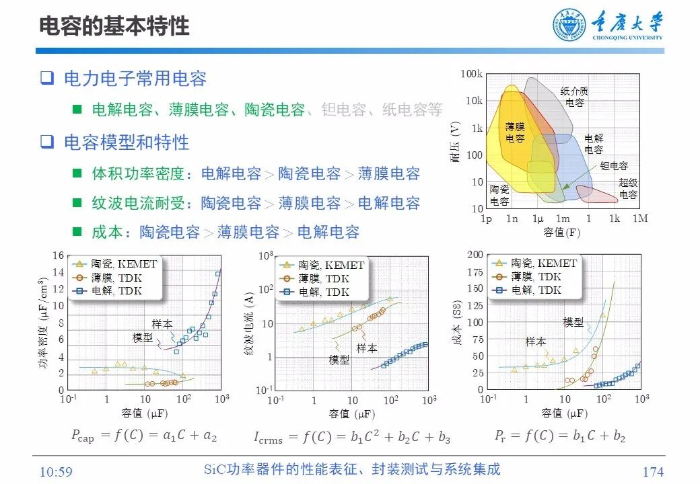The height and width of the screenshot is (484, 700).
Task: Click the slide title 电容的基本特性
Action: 114,26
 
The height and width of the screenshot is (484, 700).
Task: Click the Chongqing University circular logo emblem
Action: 569,25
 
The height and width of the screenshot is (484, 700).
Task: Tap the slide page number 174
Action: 652,471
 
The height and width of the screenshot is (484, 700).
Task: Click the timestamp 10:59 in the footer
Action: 56,471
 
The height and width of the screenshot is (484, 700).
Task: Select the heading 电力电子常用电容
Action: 135,79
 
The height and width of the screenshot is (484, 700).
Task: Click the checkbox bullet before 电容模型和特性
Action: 46,142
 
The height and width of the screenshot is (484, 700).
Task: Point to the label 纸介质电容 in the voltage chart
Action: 574,97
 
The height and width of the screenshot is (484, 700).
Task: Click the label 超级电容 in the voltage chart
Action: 628,189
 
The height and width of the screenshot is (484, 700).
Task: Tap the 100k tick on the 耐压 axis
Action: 472,74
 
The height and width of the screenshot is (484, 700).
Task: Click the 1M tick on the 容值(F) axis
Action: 640,218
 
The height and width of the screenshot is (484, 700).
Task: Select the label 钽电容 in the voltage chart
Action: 614,165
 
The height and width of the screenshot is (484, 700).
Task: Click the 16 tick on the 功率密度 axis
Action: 59,255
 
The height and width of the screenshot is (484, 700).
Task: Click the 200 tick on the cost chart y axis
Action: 475,254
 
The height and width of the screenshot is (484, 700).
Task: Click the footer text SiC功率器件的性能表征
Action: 352,469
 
